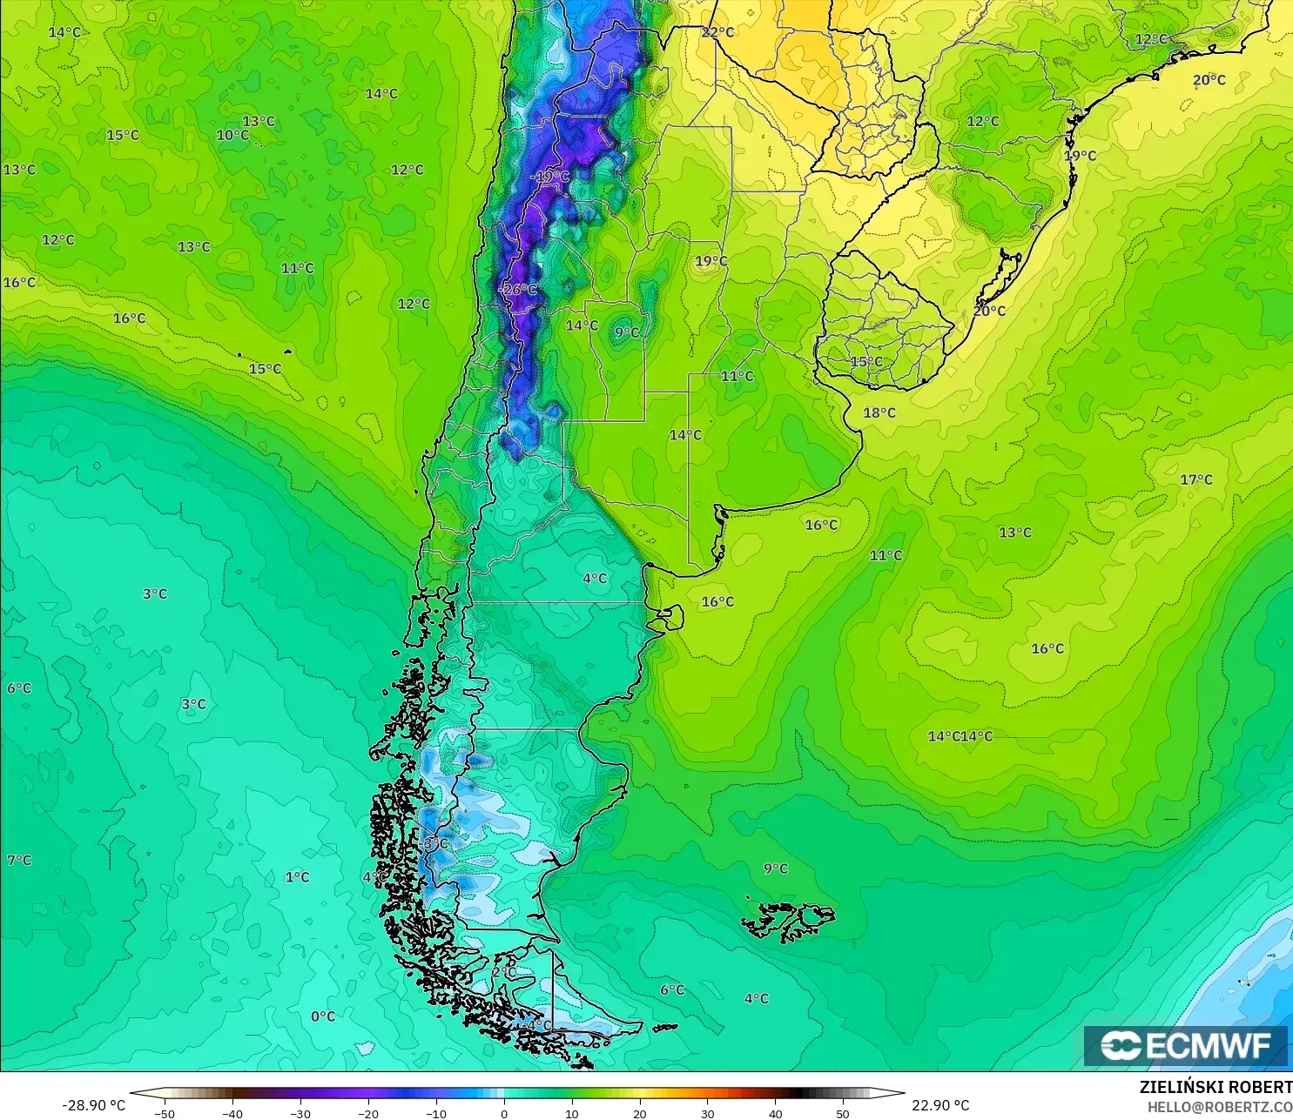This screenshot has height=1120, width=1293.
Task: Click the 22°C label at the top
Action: pos(717,32)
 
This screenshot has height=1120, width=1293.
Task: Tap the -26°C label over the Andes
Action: pos(520,289)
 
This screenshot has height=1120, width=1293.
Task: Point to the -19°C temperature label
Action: pos(550,177)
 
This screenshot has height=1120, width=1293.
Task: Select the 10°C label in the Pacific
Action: pos(232,135)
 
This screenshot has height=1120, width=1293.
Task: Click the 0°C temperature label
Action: pos(323,1016)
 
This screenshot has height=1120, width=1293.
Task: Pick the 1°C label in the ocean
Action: pos(297,877)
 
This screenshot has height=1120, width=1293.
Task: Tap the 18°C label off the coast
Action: pos(879,412)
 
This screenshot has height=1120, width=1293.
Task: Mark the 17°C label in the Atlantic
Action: pos(1196,480)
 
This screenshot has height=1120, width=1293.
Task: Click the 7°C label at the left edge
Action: pos(19,860)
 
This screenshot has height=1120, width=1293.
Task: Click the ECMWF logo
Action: pos(1185,1045)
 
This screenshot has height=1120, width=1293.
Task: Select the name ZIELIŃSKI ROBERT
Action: pos(1216,1087)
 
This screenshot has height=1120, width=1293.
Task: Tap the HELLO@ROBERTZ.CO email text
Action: pos(1219,1107)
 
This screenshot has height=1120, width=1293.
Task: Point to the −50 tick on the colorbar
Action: pos(164,1113)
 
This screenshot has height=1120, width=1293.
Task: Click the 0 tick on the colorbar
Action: pos(503,1113)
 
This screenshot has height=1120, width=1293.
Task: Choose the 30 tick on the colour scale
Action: pos(707,1113)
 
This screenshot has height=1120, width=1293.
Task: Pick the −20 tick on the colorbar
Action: pos(367,1113)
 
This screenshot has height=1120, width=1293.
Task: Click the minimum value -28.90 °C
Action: pos(93,1105)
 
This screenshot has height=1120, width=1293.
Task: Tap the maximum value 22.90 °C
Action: pos(940,1105)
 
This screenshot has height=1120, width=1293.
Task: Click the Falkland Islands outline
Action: pos(788,921)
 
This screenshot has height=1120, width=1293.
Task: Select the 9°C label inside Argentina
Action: pos(627,332)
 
